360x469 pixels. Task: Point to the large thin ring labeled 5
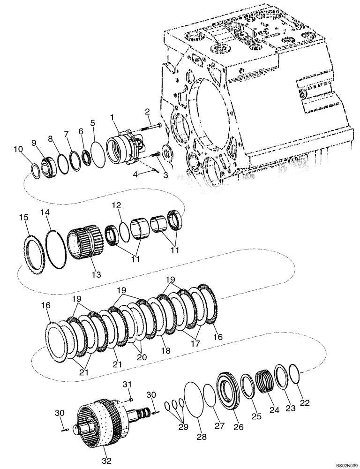tap(98, 154)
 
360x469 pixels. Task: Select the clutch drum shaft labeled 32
tap(98, 422)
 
